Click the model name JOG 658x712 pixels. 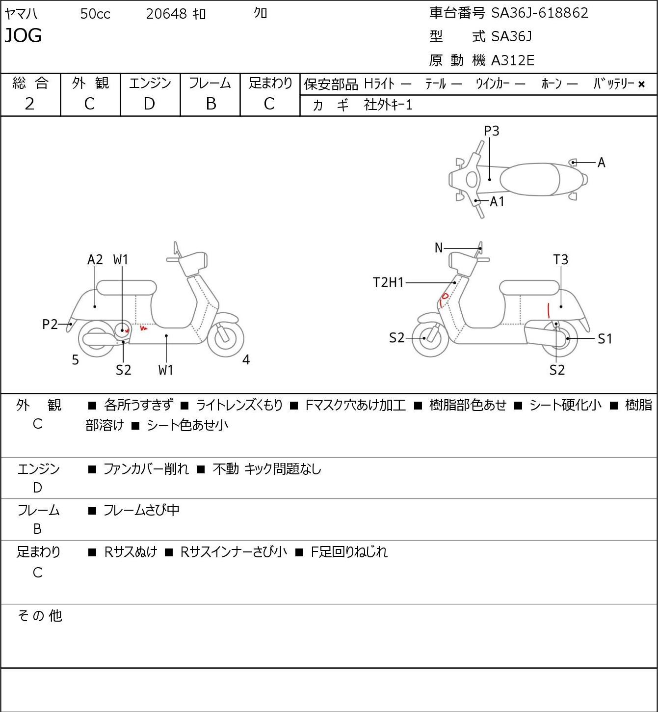click(23, 35)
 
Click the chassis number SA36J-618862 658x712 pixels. click(540, 13)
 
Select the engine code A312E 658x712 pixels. click(512, 60)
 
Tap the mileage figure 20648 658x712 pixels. click(166, 14)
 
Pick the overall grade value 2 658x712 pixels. click(30, 104)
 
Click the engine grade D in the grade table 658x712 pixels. click(149, 104)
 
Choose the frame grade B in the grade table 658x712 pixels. click(211, 104)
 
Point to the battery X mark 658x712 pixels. click(641, 84)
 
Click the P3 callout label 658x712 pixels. click(491, 131)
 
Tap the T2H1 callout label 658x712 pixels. click(388, 282)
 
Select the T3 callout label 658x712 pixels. click(560, 260)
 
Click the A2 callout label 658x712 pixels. click(95, 260)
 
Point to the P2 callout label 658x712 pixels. click(50, 325)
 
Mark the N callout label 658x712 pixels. click(439, 248)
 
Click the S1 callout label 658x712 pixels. click(605, 339)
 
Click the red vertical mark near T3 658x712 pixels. click(549, 310)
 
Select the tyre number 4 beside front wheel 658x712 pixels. click(246, 359)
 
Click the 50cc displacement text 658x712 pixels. click(95, 14)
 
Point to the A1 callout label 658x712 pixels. click(497, 202)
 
